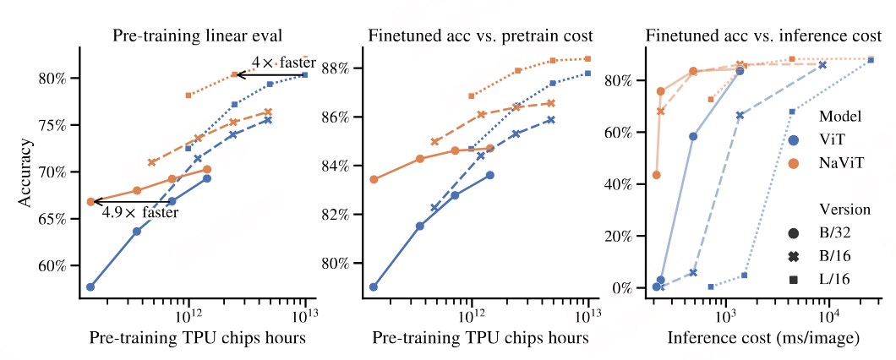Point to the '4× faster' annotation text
click(284, 63)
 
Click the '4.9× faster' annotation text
click(140, 213)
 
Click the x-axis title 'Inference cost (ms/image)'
click(764, 338)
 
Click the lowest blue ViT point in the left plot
click(90, 286)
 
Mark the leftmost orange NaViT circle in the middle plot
click(374, 179)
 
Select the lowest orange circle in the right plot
click(657, 175)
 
